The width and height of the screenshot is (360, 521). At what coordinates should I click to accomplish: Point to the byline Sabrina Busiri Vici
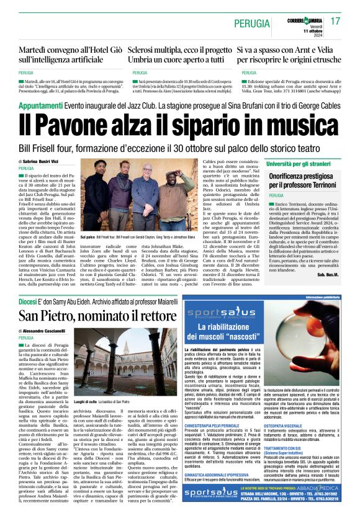click(x=42, y=161)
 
